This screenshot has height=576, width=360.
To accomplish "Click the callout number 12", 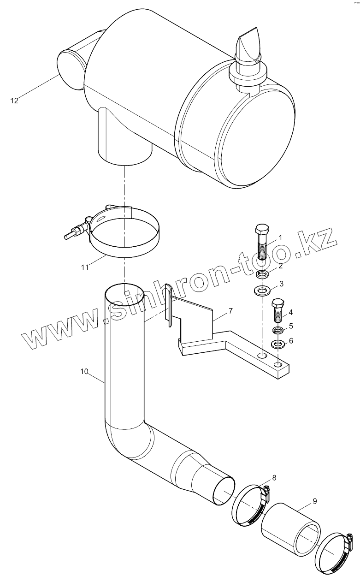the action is click(x=14, y=100).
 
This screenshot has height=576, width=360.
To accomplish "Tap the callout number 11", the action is click(x=85, y=267).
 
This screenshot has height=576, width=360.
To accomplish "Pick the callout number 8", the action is click(x=274, y=477).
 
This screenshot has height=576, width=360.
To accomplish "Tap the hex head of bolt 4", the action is click(x=278, y=304).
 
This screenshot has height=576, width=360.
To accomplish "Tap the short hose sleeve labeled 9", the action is click(x=290, y=528).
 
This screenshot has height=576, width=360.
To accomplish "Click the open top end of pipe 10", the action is click(x=124, y=294).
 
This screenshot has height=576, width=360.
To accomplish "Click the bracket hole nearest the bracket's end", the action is click(x=278, y=365).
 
